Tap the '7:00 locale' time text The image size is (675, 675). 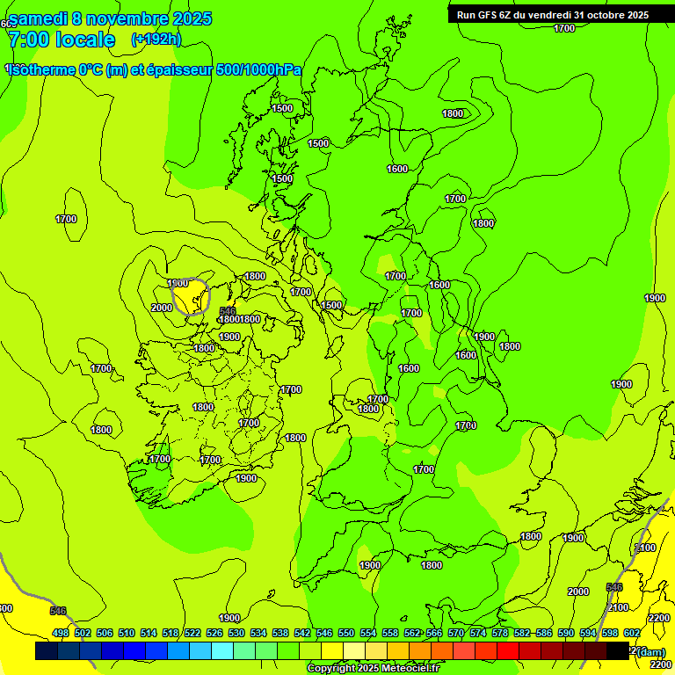(62, 40)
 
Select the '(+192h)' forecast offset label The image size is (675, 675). (156, 40)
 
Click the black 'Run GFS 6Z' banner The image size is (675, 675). (554, 14)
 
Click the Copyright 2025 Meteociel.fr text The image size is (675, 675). (373, 669)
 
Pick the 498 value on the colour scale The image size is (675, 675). (61, 633)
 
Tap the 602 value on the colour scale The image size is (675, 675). (632, 633)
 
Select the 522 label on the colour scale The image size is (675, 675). (192, 633)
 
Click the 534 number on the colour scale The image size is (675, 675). (258, 633)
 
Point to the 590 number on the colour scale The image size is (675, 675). (566, 633)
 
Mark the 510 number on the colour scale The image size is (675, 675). (127, 633)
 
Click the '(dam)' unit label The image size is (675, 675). (651, 651)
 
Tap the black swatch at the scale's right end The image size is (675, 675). (618, 651)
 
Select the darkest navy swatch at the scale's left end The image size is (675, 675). (47, 651)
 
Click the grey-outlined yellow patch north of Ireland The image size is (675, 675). (190, 297)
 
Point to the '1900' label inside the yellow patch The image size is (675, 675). (178, 283)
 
